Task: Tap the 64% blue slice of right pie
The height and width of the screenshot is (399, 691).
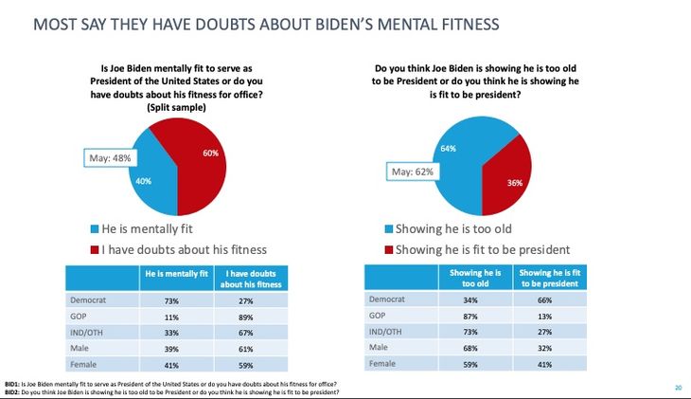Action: (x=454, y=161)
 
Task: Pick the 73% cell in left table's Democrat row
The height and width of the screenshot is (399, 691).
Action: (x=173, y=300)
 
